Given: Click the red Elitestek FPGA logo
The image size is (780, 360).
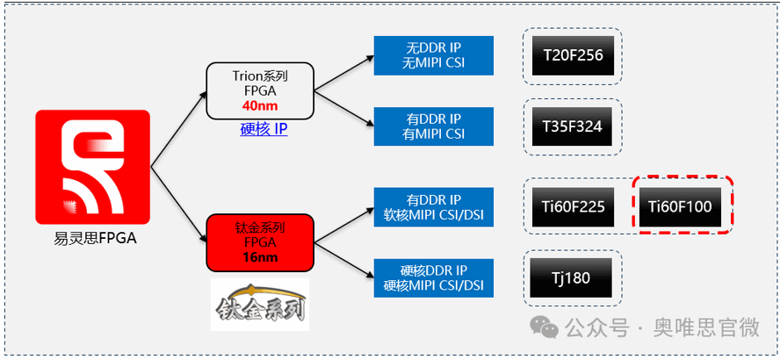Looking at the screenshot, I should click(x=92, y=167).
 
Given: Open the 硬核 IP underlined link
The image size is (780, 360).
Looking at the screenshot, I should click(x=264, y=129).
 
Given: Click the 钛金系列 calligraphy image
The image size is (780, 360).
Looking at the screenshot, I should click(x=259, y=304).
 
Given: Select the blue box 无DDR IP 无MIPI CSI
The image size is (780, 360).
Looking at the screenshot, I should click(x=433, y=54).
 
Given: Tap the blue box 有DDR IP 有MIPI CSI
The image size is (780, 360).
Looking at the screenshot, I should click(x=433, y=126).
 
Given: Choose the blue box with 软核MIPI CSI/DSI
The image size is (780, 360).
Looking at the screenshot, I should click(x=433, y=207).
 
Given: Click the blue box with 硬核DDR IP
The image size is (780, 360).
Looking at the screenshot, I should click(x=433, y=278).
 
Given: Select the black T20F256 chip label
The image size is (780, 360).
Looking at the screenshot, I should click(x=573, y=56).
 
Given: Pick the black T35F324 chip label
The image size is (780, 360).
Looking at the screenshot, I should click(x=573, y=126).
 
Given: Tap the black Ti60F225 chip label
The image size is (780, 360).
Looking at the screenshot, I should click(x=573, y=208).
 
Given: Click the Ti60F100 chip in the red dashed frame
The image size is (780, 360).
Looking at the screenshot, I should click(x=680, y=208).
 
